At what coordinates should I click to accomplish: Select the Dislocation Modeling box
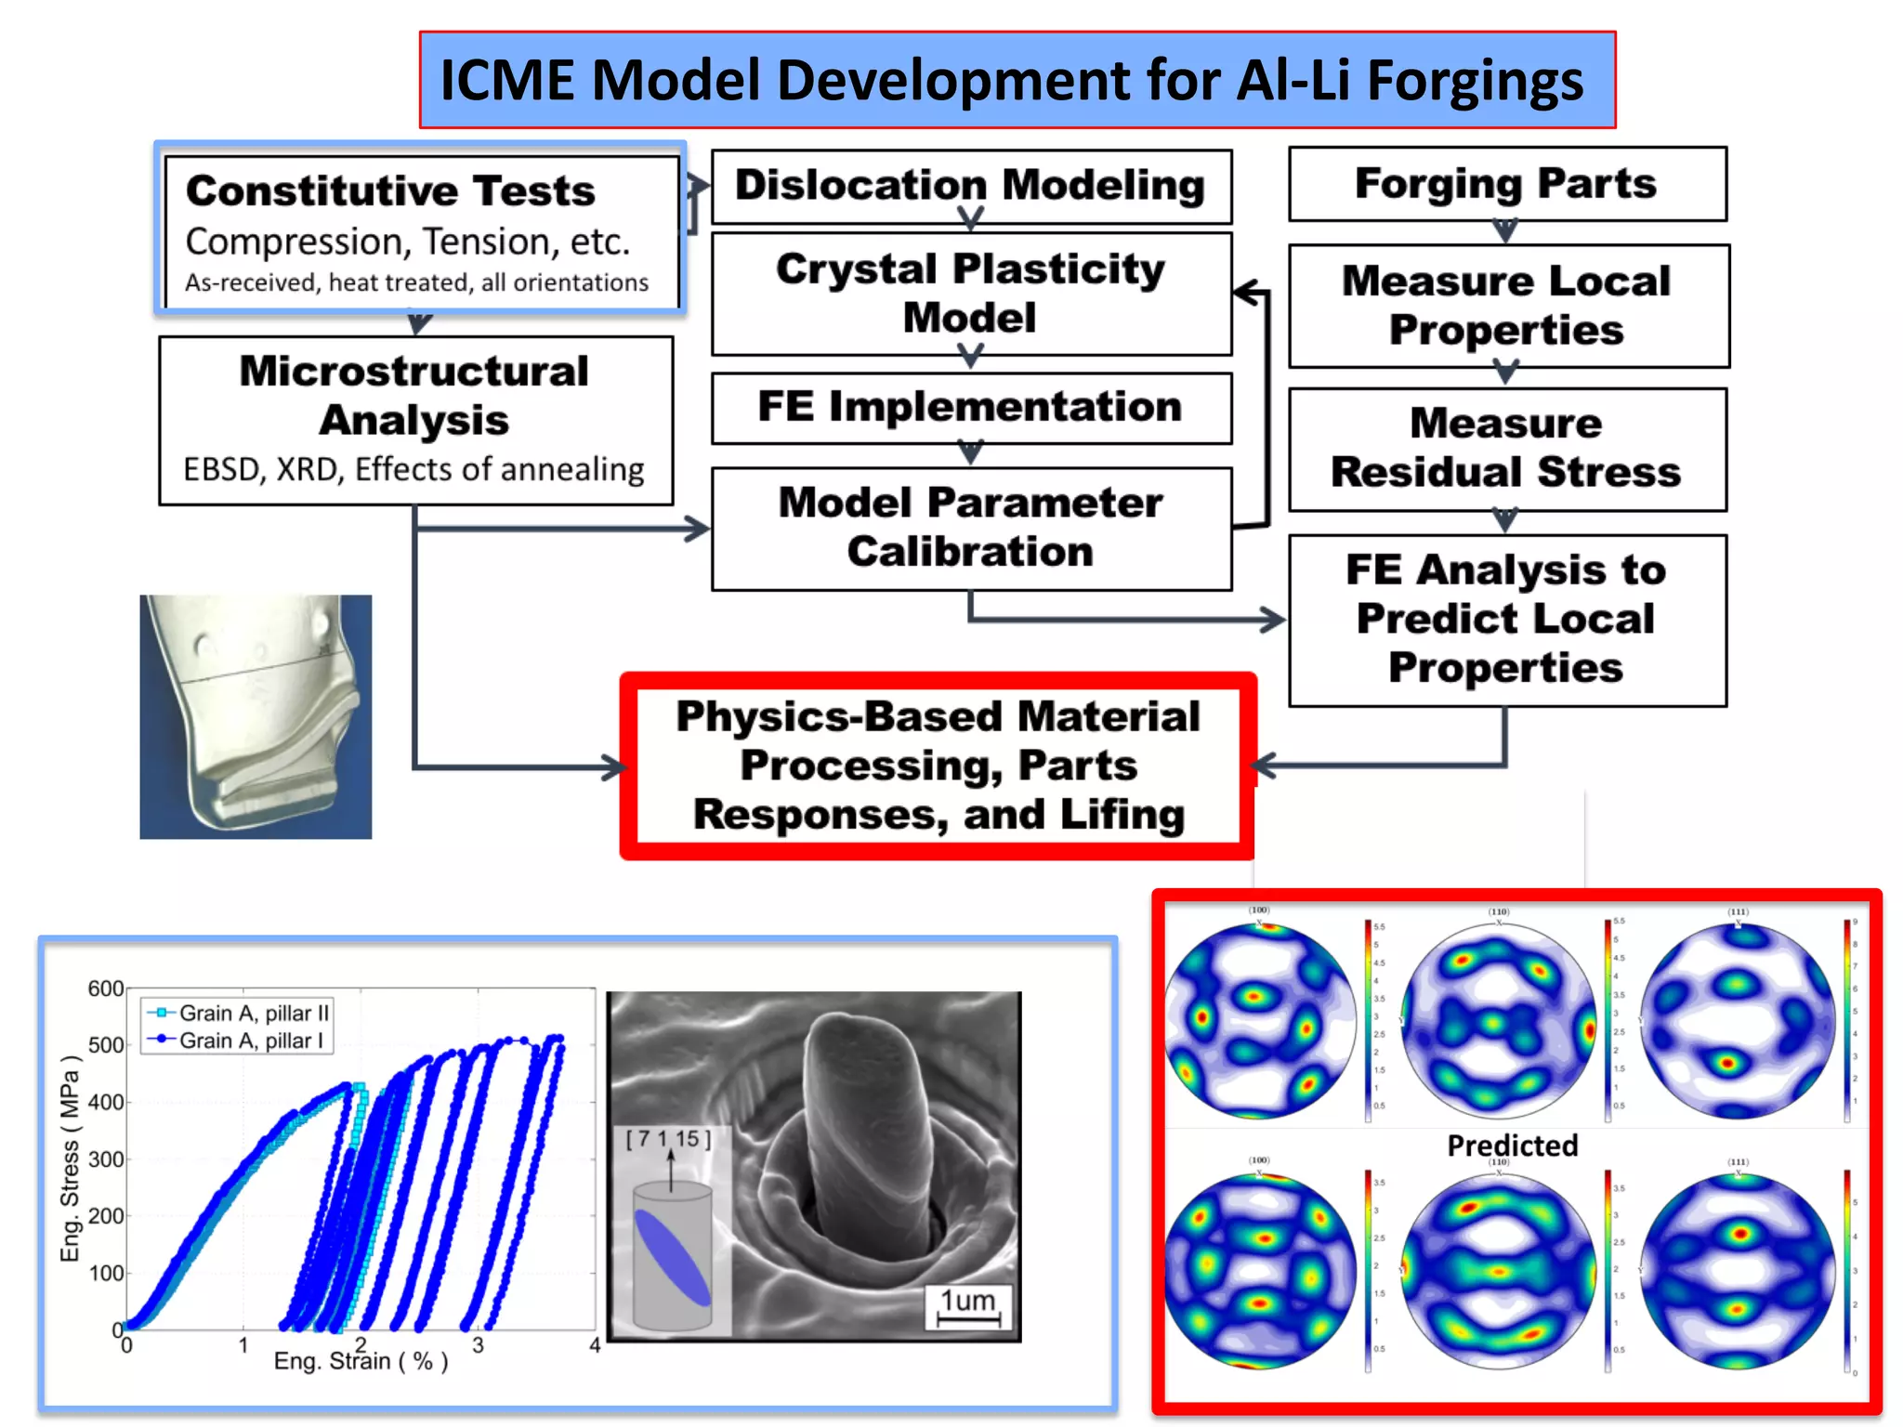[971, 185]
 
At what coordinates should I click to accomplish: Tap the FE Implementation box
[971, 408]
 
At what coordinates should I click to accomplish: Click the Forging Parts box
[1506, 183]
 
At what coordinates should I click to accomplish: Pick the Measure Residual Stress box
[1506, 448]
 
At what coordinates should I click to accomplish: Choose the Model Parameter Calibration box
[971, 527]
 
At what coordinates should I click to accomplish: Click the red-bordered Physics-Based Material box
[938, 766]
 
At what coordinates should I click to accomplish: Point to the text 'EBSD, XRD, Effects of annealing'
[413, 470]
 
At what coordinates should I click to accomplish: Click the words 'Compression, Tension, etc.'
[408, 242]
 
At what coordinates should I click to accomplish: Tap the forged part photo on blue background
[256, 716]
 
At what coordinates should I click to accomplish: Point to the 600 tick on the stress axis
[106, 988]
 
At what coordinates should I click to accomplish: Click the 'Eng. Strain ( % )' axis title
[361, 1361]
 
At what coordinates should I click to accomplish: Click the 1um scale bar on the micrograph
[968, 1305]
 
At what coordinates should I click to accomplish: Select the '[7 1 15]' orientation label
[668, 1139]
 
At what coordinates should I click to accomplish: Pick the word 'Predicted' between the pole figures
[1512, 1146]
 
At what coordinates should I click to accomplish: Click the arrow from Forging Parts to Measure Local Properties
[1505, 231]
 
